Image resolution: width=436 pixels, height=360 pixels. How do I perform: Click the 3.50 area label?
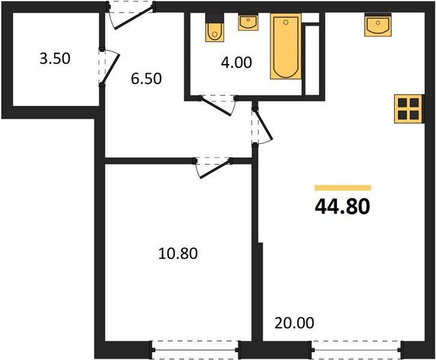coord(55,59)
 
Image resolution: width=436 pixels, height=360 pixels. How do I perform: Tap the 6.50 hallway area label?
coord(146,79)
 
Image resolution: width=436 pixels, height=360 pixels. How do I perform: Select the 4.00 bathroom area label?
coord(236,62)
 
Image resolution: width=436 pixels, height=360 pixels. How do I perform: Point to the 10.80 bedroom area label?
coord(178,253)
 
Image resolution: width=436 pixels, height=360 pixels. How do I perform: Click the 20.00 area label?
coord(294,323)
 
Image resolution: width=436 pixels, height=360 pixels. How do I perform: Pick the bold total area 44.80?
coord(342,207)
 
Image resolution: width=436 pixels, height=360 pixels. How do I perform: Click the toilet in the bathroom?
coord(214,28)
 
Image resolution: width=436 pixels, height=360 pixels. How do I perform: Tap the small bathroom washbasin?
coord(248,23)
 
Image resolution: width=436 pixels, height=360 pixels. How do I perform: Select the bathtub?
coord(286,46)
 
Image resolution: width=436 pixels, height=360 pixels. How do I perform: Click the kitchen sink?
coord(378,25)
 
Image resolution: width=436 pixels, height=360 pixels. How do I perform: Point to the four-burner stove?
coord(409,109)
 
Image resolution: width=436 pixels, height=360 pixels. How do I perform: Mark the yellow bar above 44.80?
coord(343,188)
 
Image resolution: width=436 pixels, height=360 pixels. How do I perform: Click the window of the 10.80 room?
coord(195,350)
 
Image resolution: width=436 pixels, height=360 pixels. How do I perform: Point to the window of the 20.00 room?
coord(356,350)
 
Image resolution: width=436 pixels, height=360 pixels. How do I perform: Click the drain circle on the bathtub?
coord(285,22)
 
